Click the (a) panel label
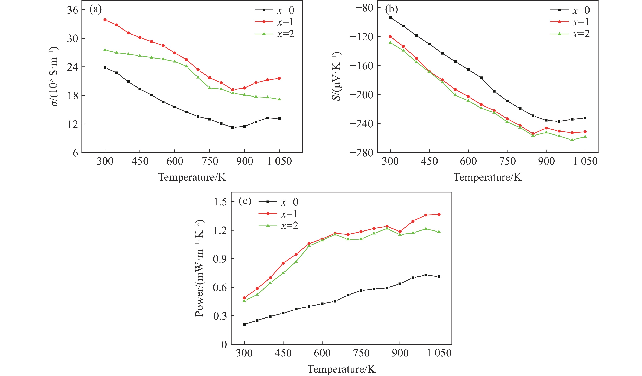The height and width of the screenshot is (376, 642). click(95, 10)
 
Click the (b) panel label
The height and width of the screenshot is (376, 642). click(391, 10)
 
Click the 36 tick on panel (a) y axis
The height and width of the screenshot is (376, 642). click(72, 10)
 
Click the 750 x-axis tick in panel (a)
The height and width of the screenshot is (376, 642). click(209, 161)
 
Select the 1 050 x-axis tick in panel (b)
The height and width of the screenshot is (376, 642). click(585, 161)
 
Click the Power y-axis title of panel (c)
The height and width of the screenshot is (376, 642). click(199, 268)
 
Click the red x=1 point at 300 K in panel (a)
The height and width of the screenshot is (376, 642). click(105, 20)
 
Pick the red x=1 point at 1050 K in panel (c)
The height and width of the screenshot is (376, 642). click(439, 214)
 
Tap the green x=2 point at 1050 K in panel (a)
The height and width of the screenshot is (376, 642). click(279, 99)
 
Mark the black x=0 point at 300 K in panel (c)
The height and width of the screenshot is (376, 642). click(244, 324)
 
